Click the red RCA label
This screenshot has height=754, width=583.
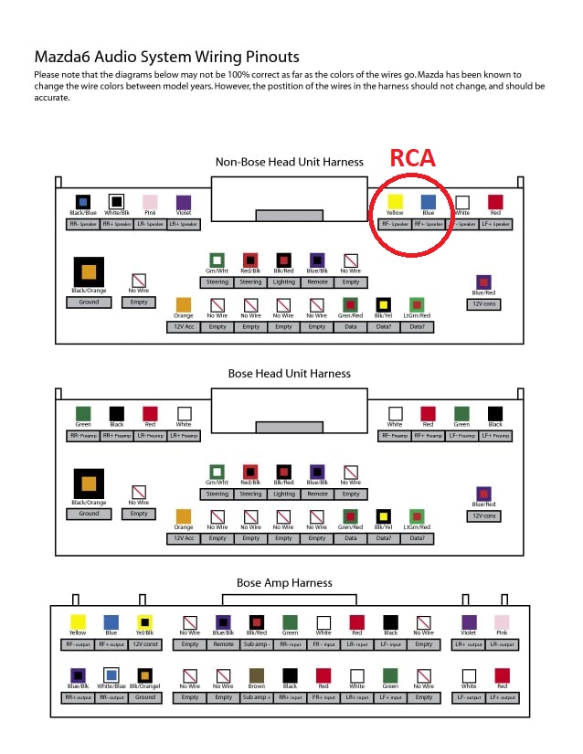coord(413,157)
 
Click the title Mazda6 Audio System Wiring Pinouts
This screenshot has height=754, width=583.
coord(166,57)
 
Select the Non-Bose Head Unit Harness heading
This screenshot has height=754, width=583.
coord(289,162)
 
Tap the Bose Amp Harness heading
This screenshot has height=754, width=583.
coord(284,582)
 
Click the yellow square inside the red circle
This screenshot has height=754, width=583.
coord(396,202)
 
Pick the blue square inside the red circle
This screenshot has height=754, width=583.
coord(428,202)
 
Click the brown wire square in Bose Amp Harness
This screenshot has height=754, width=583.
coord(256,677)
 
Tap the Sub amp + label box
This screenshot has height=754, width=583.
coord(256,697)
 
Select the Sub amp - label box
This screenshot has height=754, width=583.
coord(256,644)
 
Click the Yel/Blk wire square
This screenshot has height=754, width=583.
coord(143,622)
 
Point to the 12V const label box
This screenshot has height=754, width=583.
coord(143,644)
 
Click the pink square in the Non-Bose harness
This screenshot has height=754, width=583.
coord(150,202)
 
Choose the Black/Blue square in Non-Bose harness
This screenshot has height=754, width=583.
coord(83,202)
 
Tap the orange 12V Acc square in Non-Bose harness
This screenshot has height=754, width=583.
coord(183,304)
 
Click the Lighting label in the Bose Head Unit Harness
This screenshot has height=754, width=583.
coord(284,494)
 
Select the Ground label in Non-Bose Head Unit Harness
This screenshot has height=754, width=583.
coord(89,302)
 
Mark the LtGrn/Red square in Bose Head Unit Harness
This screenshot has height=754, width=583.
coord(417,517)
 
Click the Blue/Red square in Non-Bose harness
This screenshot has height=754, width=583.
coord(483,282)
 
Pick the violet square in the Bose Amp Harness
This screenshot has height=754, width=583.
coord(469,622)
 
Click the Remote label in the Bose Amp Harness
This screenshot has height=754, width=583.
coord(223,644)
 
